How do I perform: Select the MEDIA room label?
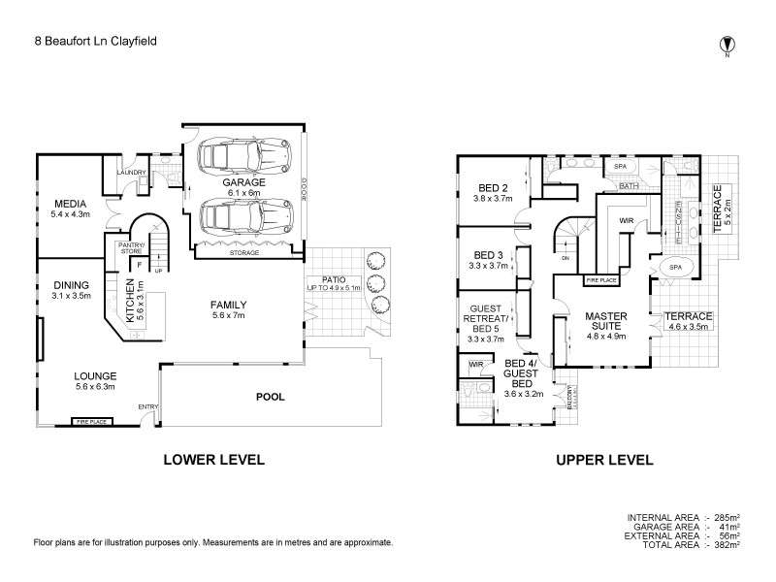click(x=70, y=203)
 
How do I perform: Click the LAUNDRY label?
click(x=131, y=173)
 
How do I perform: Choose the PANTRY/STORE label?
click(x=130, y=248)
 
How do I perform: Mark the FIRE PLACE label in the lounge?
click(x=91, y=422)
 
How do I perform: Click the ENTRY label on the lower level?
click(x=148, y=406)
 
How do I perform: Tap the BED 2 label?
click(x=494, y=187)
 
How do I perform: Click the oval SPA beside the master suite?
click(x=673, y=267)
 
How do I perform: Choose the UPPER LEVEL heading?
click(x=603, y=461)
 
